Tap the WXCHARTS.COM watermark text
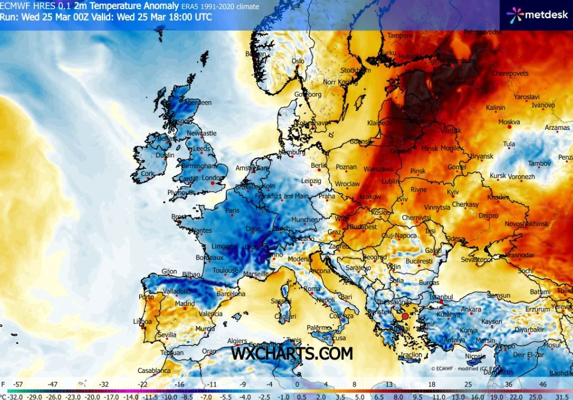pos(292,353)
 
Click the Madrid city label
pos(185,304)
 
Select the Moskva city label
pos(509,122)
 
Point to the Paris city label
pos(232,211)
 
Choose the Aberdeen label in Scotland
pos(198,102)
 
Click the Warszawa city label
pos(378,169)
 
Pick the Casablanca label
pos(154,371)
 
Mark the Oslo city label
pos(298,61)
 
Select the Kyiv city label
pos(453,192)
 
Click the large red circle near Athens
pos(405,315)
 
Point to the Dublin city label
pos(165,155)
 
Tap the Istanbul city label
pos(440,297)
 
